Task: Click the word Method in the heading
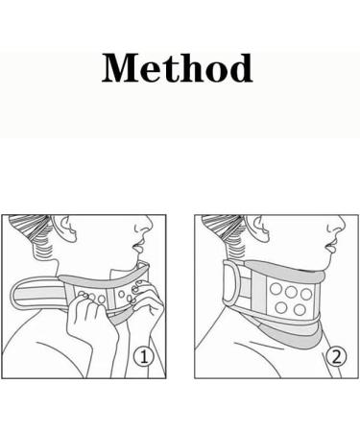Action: tap(178, 68)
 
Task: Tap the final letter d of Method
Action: tap(238, 68)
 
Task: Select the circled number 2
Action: tap(335, 357)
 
